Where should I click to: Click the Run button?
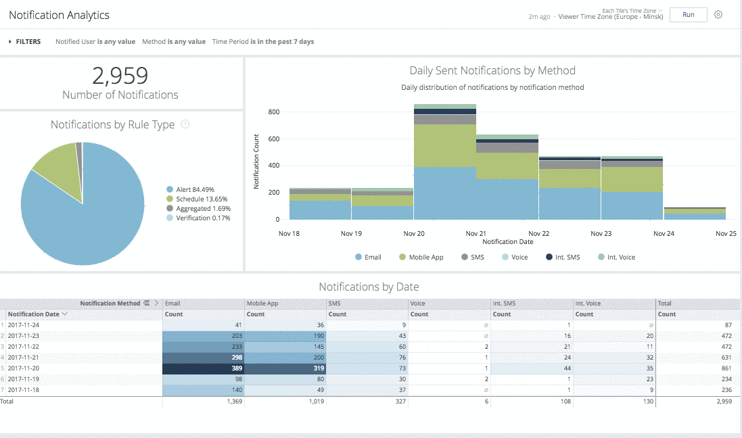tap(688, 15)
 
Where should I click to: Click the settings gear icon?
tap(718, 15)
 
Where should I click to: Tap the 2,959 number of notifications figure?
tap(120, 75)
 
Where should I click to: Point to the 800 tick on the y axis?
tap(274, 112)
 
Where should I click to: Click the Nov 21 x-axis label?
tap(476, 233)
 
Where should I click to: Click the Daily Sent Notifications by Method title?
tap(492, 70)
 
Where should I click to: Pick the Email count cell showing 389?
tap(203, 369)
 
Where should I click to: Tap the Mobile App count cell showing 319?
tap(285, 369)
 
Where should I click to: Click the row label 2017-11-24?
tap(24, 325)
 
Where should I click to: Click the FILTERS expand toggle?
tap(11, 42)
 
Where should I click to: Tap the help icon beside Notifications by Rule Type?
tap(185, 124)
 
